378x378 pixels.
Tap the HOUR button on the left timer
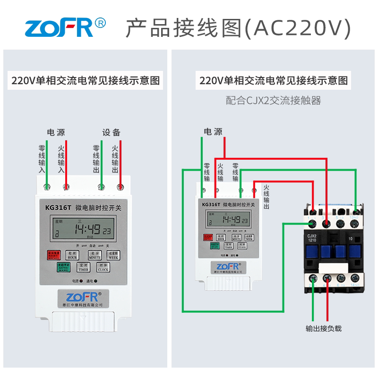72,256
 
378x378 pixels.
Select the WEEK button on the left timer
113,256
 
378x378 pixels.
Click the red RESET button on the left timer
52,256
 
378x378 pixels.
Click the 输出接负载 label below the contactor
323,328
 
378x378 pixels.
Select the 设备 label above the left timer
112,132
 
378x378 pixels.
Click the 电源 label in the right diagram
213,131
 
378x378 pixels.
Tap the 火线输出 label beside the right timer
266,198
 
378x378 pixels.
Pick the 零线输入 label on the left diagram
42,159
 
